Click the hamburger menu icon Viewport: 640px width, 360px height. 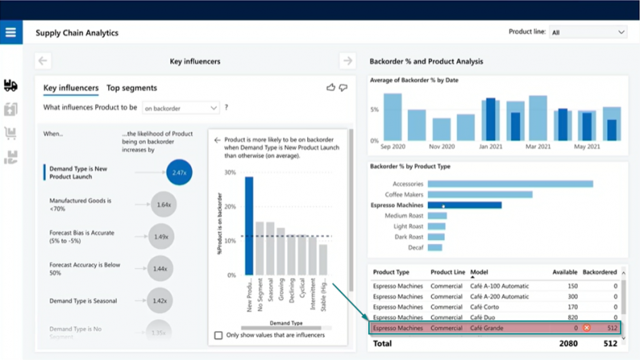point(10,33)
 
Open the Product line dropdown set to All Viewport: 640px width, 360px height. point(588,32)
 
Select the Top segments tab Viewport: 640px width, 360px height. point(131,88)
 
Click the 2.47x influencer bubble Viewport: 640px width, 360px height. point(179,172)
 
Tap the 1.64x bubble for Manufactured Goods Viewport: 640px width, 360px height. point(163,205)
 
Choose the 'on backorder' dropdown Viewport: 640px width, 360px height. point(180,107)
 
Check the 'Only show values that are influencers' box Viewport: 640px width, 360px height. point(218,335)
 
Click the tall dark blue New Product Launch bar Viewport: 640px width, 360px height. point(249,226)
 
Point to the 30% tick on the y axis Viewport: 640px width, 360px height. point(230,173)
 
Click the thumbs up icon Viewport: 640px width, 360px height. point(331,88)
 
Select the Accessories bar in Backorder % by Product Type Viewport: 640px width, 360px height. point(510,184)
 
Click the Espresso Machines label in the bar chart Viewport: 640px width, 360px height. point(398,206)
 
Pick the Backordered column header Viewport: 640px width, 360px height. point(600,272)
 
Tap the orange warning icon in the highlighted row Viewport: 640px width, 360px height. point(586,328)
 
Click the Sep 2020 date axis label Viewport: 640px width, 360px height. point(392,147)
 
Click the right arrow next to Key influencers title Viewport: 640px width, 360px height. point(346,61)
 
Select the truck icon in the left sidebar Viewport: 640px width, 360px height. point(10,86)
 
